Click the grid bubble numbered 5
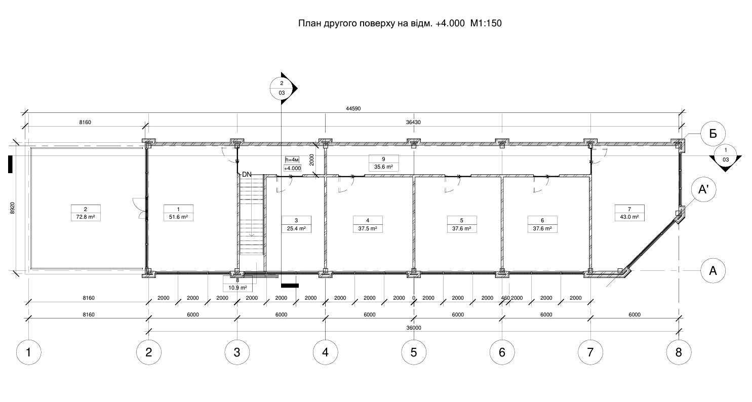pyautogui.click(x=414, y=352)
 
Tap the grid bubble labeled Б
pyautogui.click(x=713, y=134)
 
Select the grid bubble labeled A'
pyautogui.click(x=703, y=189)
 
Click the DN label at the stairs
pyautogui.click(x=247, y=175)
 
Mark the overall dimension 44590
pyautogui.click(x=353, y=109)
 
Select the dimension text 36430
pyautogui.click(x=413, y=122)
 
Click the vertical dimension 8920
pyautogui.click(x=13, y=208)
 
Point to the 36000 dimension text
pyautogui.click(x=414, y=328)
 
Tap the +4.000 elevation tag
pyautogui.click(x=292, y=168)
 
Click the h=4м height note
pyautogui.click(x=292, y=159)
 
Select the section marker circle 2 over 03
pyautogui.click(x=282, y=88)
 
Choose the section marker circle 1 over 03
pyautogui.click(x=726, y=155)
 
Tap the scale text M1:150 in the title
pyautogui.click(x=486, y=23)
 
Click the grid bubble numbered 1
pyautogui.click(x=28, y=352)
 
